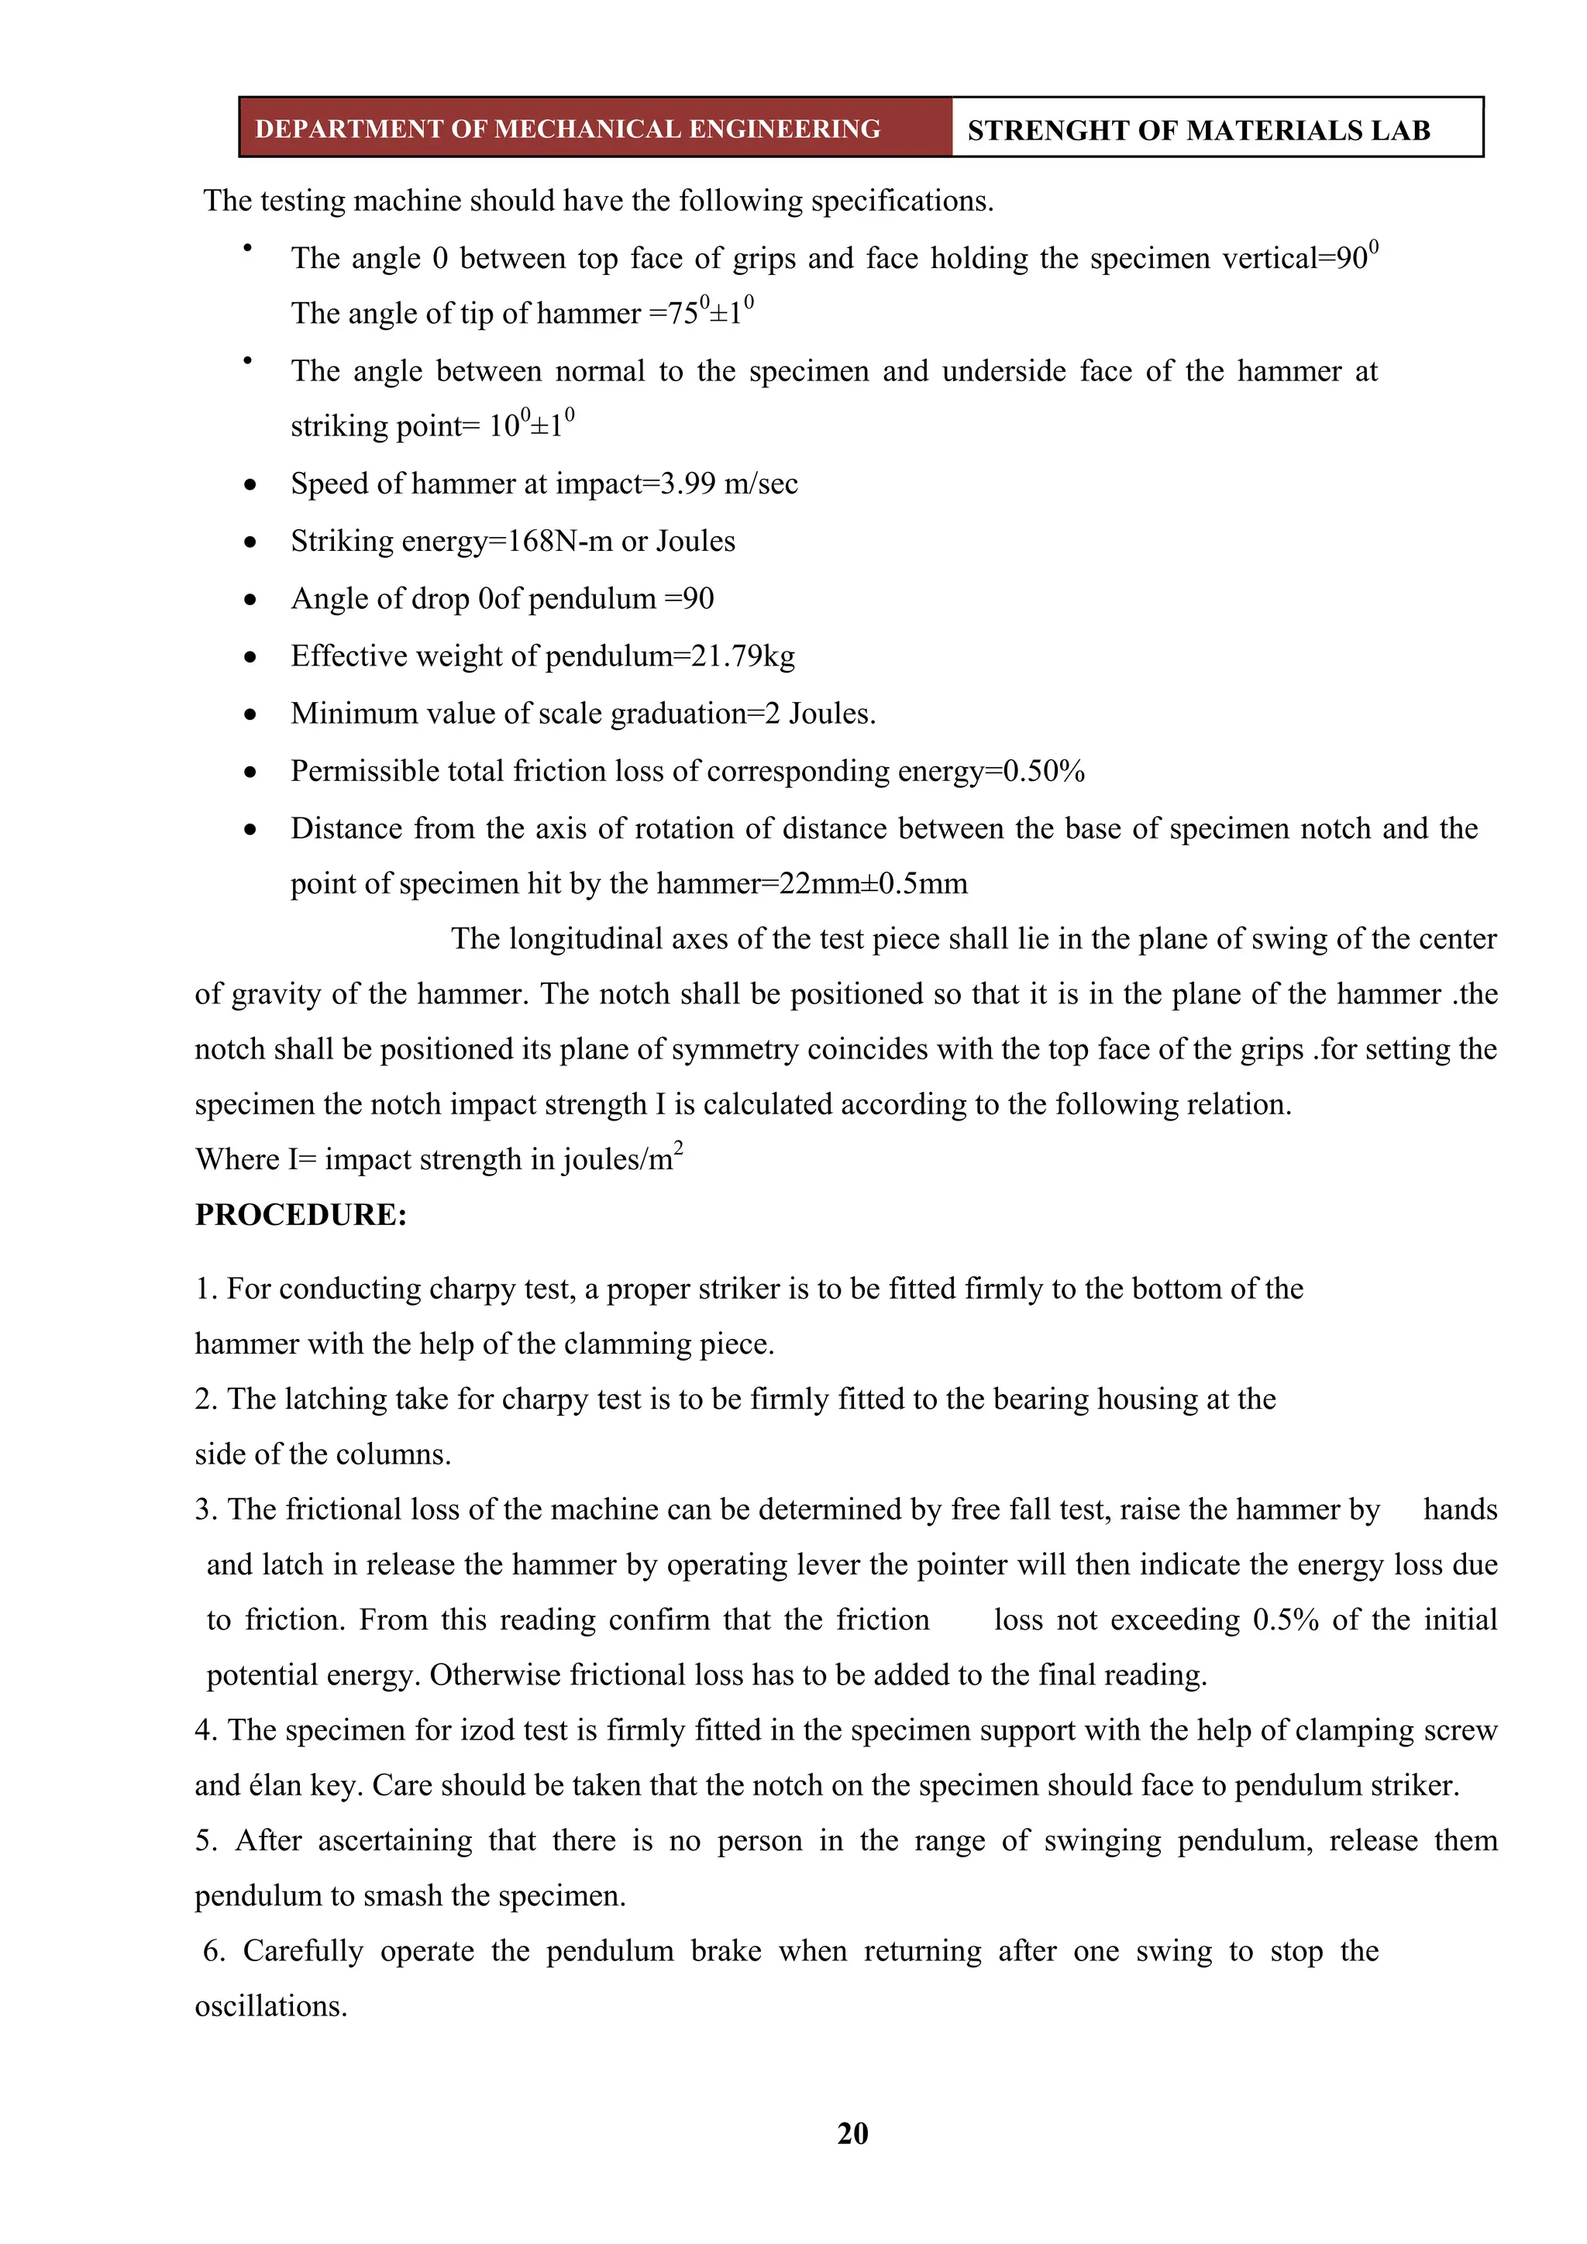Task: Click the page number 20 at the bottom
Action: click(x=852, y=2132)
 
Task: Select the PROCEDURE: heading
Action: click(x=301, y=1215)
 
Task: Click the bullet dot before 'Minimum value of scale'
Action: click(x=251, y=714)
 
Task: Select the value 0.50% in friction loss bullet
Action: click(x=1045, y=771)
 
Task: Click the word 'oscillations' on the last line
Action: click(x=270, y=2006)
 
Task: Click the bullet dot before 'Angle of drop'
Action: click(x=251, y=599)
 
